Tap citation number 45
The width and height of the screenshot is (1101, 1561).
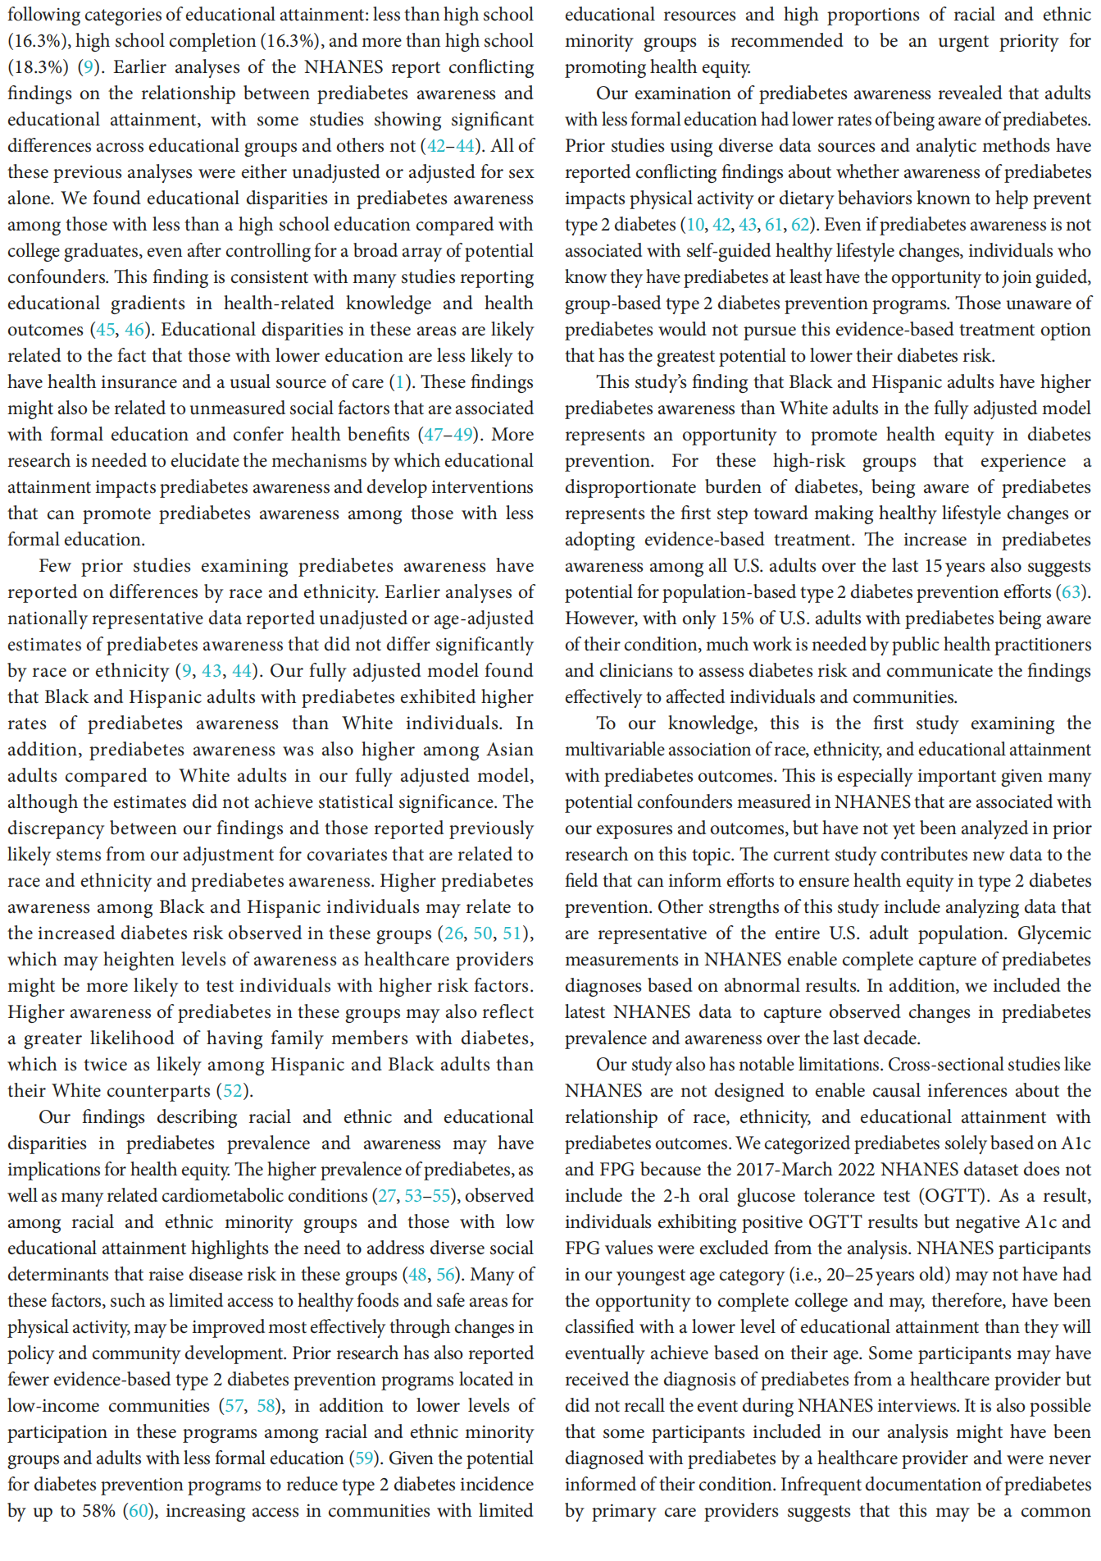pos(106,330)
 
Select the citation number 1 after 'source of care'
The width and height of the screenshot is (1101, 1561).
pos(400,382)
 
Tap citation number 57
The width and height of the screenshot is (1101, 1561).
pos(234,1406)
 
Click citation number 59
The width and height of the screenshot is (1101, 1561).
pos(363,1458)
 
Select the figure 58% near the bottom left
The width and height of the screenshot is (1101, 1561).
pos(99,1511)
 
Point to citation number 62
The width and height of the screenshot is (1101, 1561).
pos(800,225)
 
